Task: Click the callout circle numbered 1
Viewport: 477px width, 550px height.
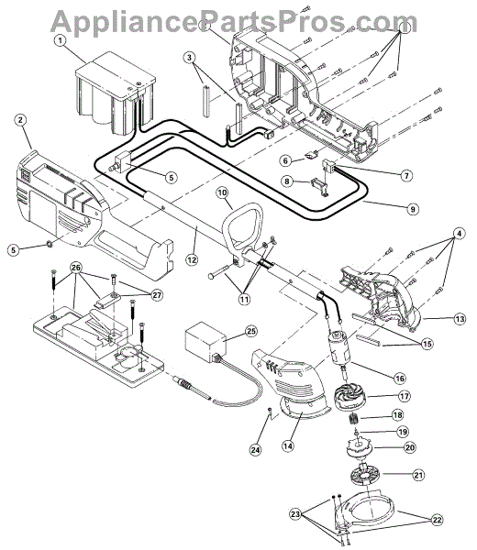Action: pyautogui.click(x=61, y=40)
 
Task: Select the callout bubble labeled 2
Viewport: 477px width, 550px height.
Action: pyautogui.click(x=20, y=120)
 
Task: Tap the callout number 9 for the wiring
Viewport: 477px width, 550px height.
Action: pyautogui.click(x=413, y=209)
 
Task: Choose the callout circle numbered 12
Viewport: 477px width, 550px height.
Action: pyautogui.click(x=192, y=260)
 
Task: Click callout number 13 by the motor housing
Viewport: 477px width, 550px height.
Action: pyautogui.click(x=460, y=319)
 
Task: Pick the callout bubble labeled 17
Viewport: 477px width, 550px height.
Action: pyautogui.click(x=405, y=396)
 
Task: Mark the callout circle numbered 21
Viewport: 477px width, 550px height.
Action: pyautogui.click(x=418, y=475)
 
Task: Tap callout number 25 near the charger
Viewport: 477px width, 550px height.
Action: pyautogui.click(x=250, y=332)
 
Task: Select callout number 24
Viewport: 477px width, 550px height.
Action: pyautogui.click(x=256, y=450)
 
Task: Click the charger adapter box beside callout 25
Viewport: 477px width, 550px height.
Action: pyautogui.click(x=205, y=341)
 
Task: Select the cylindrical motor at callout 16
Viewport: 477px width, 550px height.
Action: pyautogui.click(x=338, y=348)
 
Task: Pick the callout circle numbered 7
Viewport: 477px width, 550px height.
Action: pyautogui.click(x=406, y=175)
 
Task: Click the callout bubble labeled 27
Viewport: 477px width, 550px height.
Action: pyautogui.click(x=157, y=295)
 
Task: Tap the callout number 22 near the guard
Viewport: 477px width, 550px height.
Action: pyautogui.click(x=437, y=520)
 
